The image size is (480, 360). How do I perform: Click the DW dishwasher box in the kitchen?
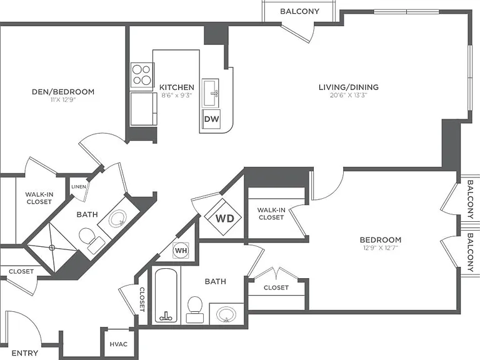coord(211,119)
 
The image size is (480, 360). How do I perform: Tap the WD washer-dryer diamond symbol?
coord(223,217)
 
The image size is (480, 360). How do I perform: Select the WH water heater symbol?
coord(181,251)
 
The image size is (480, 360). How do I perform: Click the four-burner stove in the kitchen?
coord(142,75)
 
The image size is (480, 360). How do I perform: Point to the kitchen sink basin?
coord(210,92)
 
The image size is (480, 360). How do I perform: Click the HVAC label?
coord(119,344)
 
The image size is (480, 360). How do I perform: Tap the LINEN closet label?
coord(79,187)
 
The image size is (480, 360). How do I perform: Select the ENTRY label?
coord(25,353)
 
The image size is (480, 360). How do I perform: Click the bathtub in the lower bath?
coord(166,295)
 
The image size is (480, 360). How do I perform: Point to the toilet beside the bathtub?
coord(195,309)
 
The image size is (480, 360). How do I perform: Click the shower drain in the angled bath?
coord(52,247)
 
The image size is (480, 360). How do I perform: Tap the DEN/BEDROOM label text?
coord(63,92)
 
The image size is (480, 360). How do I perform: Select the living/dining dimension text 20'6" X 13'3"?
coord(348,95)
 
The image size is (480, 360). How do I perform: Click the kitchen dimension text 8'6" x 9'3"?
coord(177,95)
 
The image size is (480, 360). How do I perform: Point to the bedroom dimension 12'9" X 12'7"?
coord(381,247)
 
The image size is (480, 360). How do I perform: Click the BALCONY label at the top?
coord(300,11)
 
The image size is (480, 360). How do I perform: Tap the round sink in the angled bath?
coord(118,218)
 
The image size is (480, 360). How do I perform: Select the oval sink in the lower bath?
coord(226,314)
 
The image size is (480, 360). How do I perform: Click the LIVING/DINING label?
coord(349,87)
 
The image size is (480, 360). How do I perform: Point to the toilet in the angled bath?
coord(91,240)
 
